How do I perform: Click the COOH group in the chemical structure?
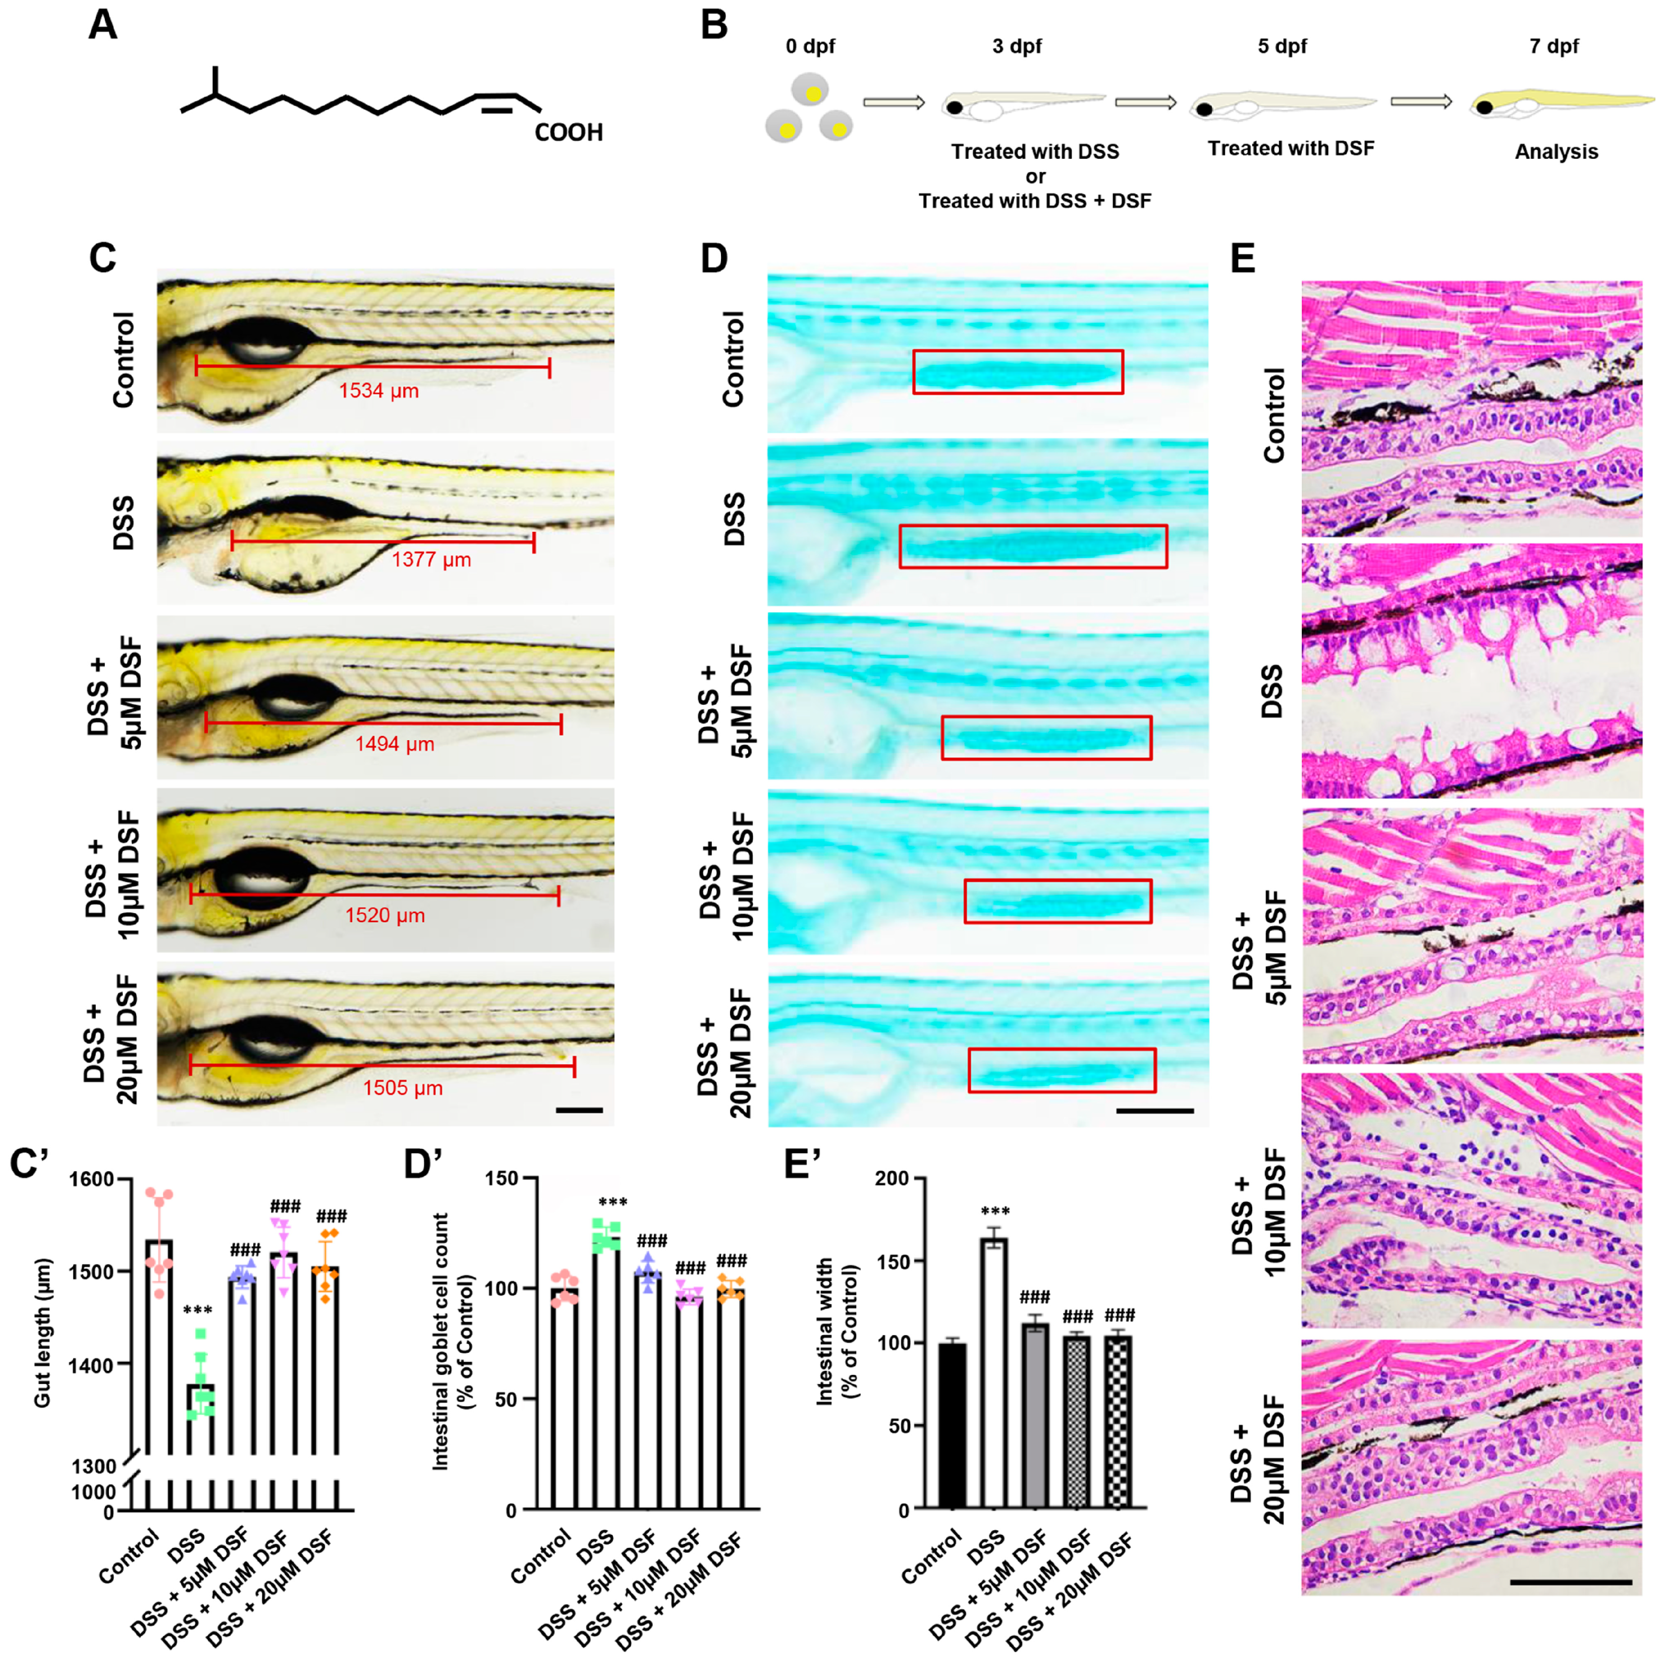coord(569,132)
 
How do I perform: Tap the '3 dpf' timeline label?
coord(1017,46)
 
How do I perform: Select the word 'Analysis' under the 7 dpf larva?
coord(1556,152)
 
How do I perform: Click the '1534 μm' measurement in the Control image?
coord(378,391)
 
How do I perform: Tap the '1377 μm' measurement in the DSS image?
coord(431,560)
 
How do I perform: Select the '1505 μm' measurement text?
coord(403,1088)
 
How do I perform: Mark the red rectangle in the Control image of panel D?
coord(1018,371)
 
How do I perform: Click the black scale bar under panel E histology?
coord(1571,1582)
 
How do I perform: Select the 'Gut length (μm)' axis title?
coord(43,1332)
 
